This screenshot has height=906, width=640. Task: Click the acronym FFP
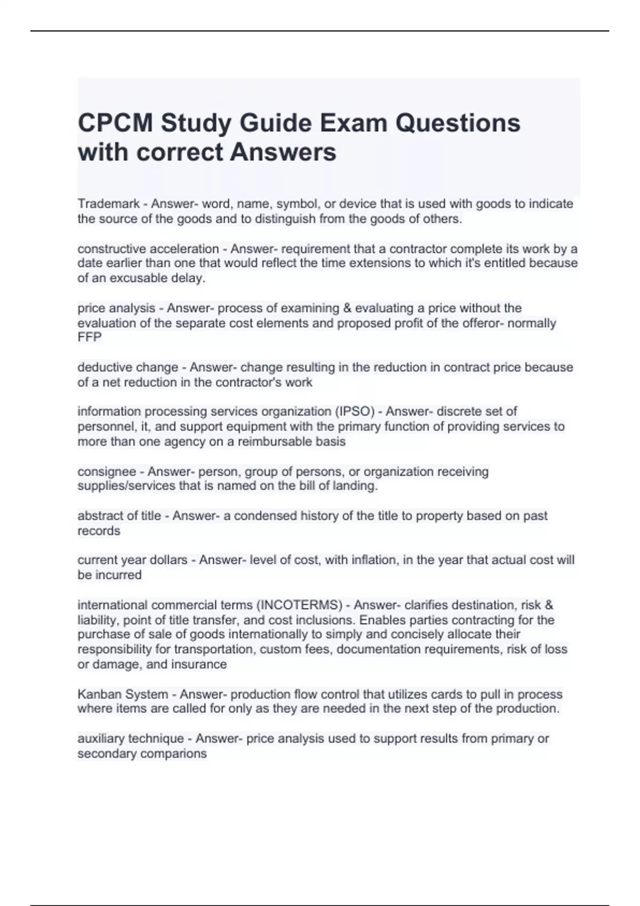[90, 337]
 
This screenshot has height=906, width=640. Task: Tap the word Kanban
[99, 694]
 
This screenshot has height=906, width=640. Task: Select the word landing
[356, 486]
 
